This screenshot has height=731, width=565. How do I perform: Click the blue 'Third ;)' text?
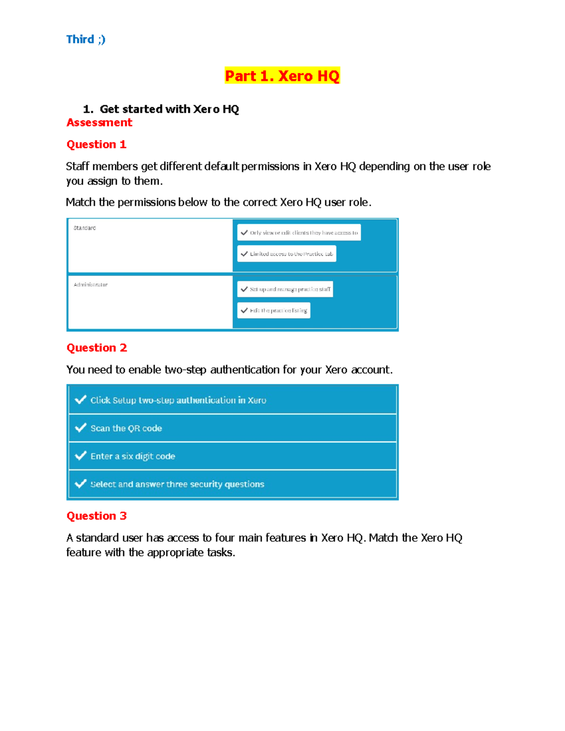pyautogui.click(x=86, y=40)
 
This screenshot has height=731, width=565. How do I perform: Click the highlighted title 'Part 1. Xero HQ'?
pyautogui.click(x=282, y=76)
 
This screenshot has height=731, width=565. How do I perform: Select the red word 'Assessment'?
pyautogui.click(x=99, y=123)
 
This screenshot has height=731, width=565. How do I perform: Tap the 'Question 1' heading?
pyautogui.click(x=97, y=145)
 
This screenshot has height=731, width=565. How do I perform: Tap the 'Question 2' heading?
pyautogui.click(x=97, y=348)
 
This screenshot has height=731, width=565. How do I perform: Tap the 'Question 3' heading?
pyautogui.click(x=97, y=516)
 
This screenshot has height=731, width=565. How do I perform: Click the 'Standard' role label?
pyautogui.click(x=85, y=228)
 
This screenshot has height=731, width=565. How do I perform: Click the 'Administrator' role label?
pyautogui.click(x=91, y=285)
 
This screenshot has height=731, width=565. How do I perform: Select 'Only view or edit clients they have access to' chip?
pyautogui.click(x=299, y=233)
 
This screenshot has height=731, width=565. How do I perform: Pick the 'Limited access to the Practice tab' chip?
pyautogui.click(x=287, y=254)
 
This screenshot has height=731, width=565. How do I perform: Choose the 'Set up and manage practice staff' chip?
pyautogui.click(x=285, y=289)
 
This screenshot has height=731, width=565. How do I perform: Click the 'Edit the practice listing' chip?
pyautogui.click(x=274, y=311)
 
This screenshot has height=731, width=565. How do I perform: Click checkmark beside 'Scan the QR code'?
pyautogui.click(x=81, y=428)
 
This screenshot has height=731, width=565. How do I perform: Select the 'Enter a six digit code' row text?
pyautogui.click(x=133, y=456)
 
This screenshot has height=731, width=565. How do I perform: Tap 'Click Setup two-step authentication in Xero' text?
pyautogui.click(x=178, y=400)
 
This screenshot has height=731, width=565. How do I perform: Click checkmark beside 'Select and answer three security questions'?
pyautogui.click(x=81, y=484)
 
